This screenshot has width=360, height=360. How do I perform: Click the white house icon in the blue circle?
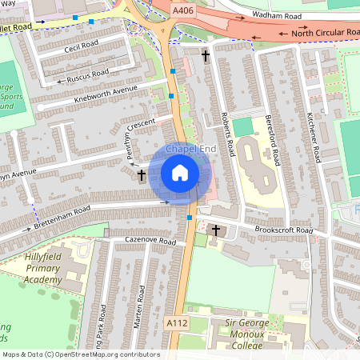(x=180, y=173)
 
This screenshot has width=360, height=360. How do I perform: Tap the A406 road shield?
(x=182, y=13)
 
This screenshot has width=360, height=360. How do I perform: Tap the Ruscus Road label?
(x=87, y=74)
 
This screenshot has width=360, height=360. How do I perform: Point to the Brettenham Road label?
(x=62, y=220)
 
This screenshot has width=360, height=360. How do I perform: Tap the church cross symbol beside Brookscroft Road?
(x=214, y=230)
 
